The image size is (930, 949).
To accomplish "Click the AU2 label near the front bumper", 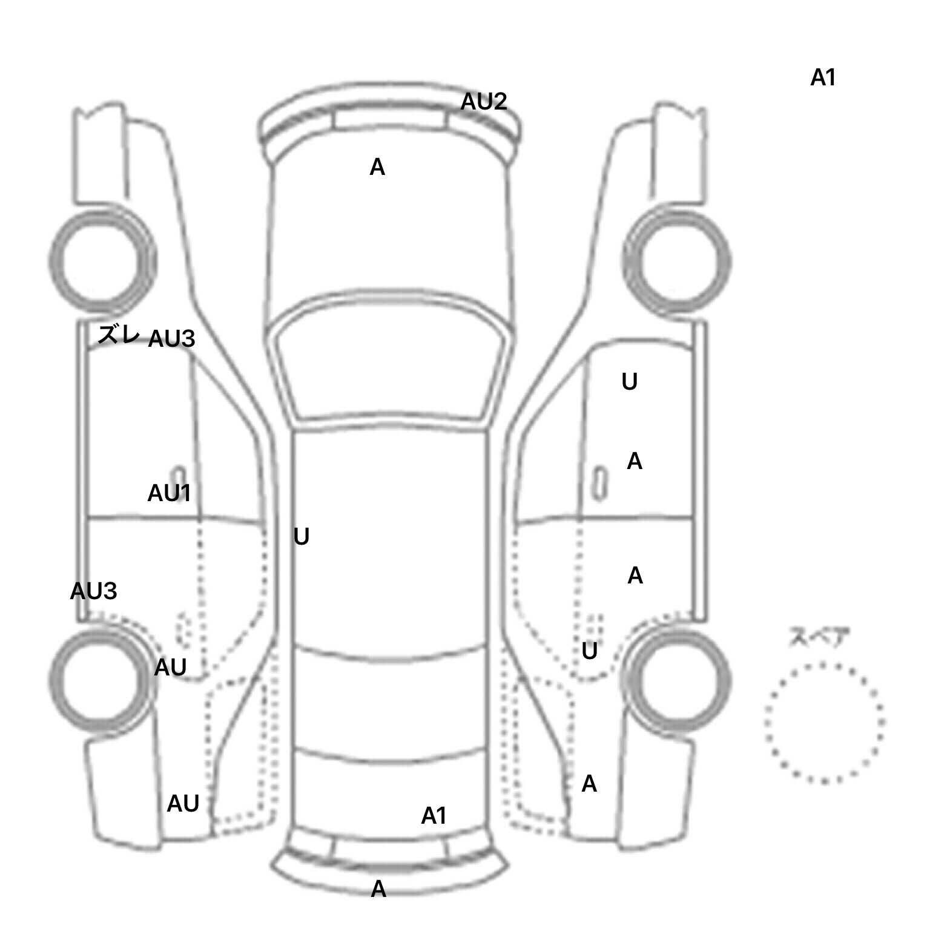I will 483,102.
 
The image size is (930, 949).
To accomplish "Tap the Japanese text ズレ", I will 119,334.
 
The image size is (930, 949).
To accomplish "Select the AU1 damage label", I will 169,494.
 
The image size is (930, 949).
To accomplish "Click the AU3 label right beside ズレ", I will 171,339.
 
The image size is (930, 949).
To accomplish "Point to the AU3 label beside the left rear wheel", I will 93,591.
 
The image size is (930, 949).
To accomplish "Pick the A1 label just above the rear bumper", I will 434,816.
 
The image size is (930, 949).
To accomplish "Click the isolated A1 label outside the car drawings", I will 823,77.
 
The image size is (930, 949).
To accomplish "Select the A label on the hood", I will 377,167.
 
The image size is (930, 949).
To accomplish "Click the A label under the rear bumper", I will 378,888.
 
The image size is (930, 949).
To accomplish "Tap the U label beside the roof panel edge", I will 301,537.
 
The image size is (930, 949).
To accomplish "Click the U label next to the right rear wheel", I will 589,651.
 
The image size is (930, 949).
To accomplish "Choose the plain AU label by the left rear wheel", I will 170,668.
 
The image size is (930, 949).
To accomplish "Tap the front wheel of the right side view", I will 676,261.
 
